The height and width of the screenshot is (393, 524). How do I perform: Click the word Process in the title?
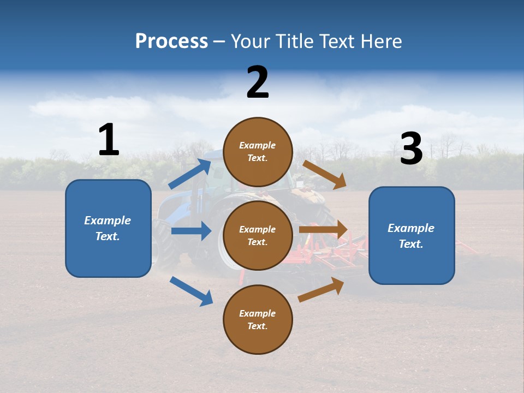(x=171, y=41)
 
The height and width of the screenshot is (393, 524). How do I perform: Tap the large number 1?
(x=109, y=140)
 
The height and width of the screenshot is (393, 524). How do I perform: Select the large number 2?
(x=258, y=82)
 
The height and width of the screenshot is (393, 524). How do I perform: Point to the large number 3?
(x=411, y=149)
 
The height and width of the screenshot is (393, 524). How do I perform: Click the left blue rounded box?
(x=108, y=228)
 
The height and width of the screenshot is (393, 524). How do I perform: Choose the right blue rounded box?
(x=412, y=235)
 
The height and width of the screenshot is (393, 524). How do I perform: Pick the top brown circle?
(x=258, y=152)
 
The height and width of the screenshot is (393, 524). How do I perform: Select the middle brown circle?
(x=258, y=235)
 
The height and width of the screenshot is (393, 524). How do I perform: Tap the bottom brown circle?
(x=258, y=319)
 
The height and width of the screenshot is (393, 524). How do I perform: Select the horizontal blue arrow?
(x=191, y=231)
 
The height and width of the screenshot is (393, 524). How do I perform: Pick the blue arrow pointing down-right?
(x=191, y=291)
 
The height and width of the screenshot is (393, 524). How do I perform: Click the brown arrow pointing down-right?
(x=325, y=175)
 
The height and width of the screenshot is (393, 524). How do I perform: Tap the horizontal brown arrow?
(x=323, y=230)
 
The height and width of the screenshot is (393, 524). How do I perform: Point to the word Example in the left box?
(x=108, y=221)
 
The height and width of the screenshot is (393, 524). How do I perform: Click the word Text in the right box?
(x=410, y=244)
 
